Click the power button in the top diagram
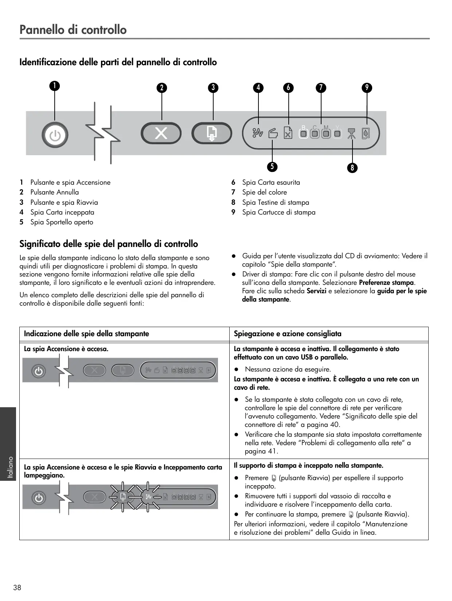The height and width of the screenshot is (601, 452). (55, 135)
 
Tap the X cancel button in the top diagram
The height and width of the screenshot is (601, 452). (161, 133)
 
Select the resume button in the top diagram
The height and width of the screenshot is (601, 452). (212, 133)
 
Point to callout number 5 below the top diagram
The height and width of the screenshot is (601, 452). (272, 166)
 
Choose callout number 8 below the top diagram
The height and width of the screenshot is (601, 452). (352, 168)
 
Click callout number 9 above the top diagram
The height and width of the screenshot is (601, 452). (367, 87)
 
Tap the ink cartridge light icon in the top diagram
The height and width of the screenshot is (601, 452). (366, 134)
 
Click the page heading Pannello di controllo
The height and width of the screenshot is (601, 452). (73, 30)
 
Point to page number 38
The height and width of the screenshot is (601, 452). (17, 587)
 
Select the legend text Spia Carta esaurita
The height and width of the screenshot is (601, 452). (271, 182)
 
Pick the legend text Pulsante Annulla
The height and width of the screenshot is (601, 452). (54, 192)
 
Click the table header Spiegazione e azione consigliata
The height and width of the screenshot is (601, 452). (288, 334)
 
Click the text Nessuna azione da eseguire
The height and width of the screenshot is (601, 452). (288, 369)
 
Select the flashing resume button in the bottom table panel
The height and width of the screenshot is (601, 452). (123, 497)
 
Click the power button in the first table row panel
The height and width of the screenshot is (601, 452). (39, 371)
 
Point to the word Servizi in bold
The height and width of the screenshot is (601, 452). (316, 291)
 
